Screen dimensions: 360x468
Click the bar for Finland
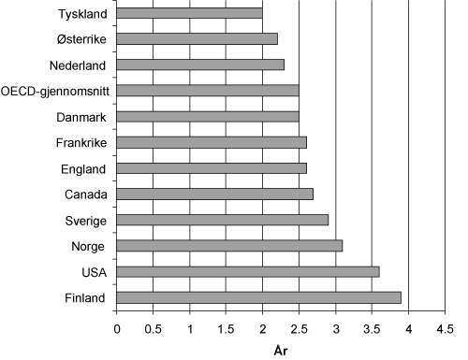coord(258,297)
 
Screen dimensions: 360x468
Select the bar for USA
coord(247,272)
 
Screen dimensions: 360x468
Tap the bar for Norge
coord(229,246)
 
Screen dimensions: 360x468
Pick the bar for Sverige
coord(222,220)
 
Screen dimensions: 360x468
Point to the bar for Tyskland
coord(189,14)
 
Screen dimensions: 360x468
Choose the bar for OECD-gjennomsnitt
coord(208,91)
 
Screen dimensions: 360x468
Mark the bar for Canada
coord(214,194)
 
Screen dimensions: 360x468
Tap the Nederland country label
coord(79,65)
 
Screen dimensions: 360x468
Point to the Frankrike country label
coord(80,143)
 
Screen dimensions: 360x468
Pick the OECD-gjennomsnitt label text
coord(54,92)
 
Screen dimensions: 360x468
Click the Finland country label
coord(85,298)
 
